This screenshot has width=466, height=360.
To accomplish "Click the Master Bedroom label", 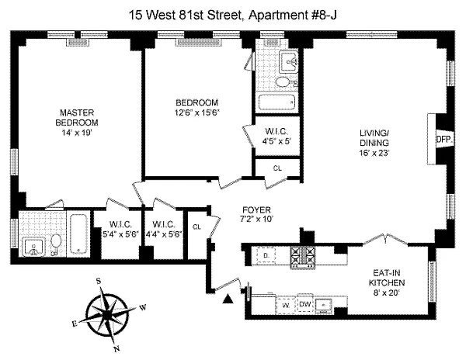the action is (77, 117).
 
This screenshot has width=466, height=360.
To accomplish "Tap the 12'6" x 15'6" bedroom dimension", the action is (197, 112).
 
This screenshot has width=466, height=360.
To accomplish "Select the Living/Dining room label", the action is (374, 137).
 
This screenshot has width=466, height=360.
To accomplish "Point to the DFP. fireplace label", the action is (444, 139).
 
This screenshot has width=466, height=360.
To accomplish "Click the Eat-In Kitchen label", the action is (386, 278).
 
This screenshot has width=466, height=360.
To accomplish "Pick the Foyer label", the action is (256, 210).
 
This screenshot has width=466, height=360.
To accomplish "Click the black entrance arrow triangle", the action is (228, 299).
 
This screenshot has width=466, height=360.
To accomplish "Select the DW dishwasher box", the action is (305, 304).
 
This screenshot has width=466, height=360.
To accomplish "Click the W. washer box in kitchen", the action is (286, 305).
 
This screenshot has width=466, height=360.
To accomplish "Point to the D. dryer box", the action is (266, 255).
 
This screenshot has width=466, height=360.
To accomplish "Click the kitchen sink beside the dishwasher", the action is (324, 305).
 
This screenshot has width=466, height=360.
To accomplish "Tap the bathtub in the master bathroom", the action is (78, 234).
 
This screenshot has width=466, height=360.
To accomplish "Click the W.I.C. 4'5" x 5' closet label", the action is (276, 137).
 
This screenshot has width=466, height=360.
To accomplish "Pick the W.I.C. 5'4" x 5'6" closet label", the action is (120, 229).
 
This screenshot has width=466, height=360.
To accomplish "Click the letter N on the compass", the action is (116, 349).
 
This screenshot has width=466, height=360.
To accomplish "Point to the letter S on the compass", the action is (99, 281).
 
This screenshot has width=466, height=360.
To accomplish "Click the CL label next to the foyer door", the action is (196, 227).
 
